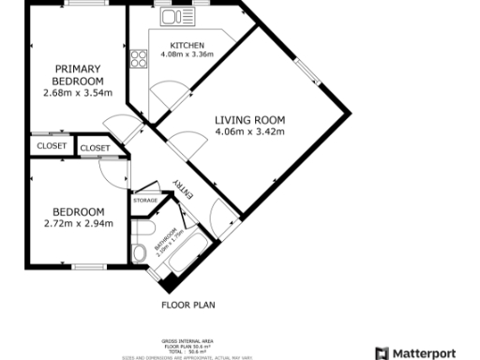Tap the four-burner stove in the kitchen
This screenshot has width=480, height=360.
(139, 59)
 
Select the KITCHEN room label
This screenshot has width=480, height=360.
(187, 45)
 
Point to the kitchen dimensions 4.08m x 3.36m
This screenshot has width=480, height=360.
(187, 54)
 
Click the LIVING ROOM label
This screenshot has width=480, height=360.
(249, 120)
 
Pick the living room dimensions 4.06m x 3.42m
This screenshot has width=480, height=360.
(249, 131)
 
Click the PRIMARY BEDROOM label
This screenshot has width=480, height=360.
(78, 74)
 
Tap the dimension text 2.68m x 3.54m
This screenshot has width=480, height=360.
(78, 93)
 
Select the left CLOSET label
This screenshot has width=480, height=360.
(52, 147)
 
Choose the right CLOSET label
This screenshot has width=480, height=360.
(95, 148)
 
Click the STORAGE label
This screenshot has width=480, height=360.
(144, 200)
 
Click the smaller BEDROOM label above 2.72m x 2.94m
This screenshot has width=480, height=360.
(78, 212)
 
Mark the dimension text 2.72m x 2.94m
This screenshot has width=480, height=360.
(78, 223)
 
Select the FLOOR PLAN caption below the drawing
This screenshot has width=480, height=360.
(188, 305)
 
